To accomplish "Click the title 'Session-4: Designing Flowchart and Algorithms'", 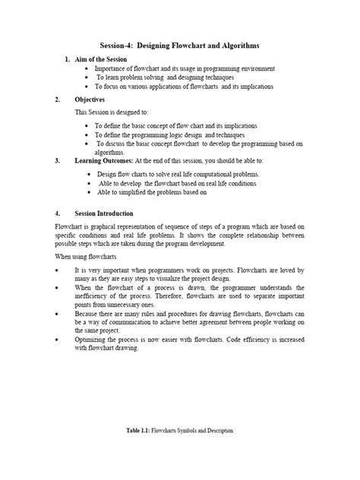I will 180,45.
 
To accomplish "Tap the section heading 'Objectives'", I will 90,99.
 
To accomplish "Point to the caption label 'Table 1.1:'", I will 140,431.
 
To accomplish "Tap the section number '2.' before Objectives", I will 58,99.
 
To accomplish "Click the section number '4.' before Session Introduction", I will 58,213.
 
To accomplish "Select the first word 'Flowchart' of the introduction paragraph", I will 68,226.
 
